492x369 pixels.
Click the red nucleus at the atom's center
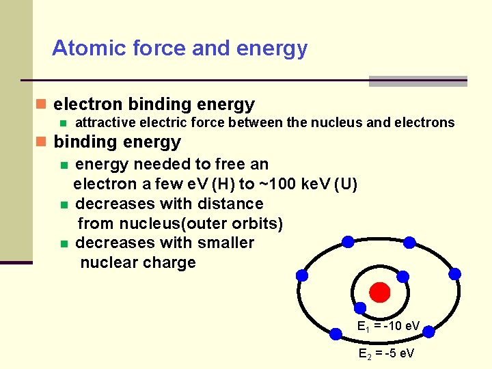click(x=379, y=292)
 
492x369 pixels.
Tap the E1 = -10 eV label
click(x=389, y=326)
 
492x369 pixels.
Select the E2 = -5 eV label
click(x=386, y=353)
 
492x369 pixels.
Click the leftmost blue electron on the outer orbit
click(x=301, y=275)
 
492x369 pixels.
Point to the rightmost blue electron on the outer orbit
click(x=454, y=273)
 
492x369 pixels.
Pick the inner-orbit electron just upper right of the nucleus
click(x=403, y=277)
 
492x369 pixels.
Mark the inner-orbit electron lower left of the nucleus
click(x=358, y=308)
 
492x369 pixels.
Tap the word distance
click(x=231, y=204)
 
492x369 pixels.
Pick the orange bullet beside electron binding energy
click(x=41, y=105)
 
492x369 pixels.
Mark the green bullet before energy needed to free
click(x=64, y=165)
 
